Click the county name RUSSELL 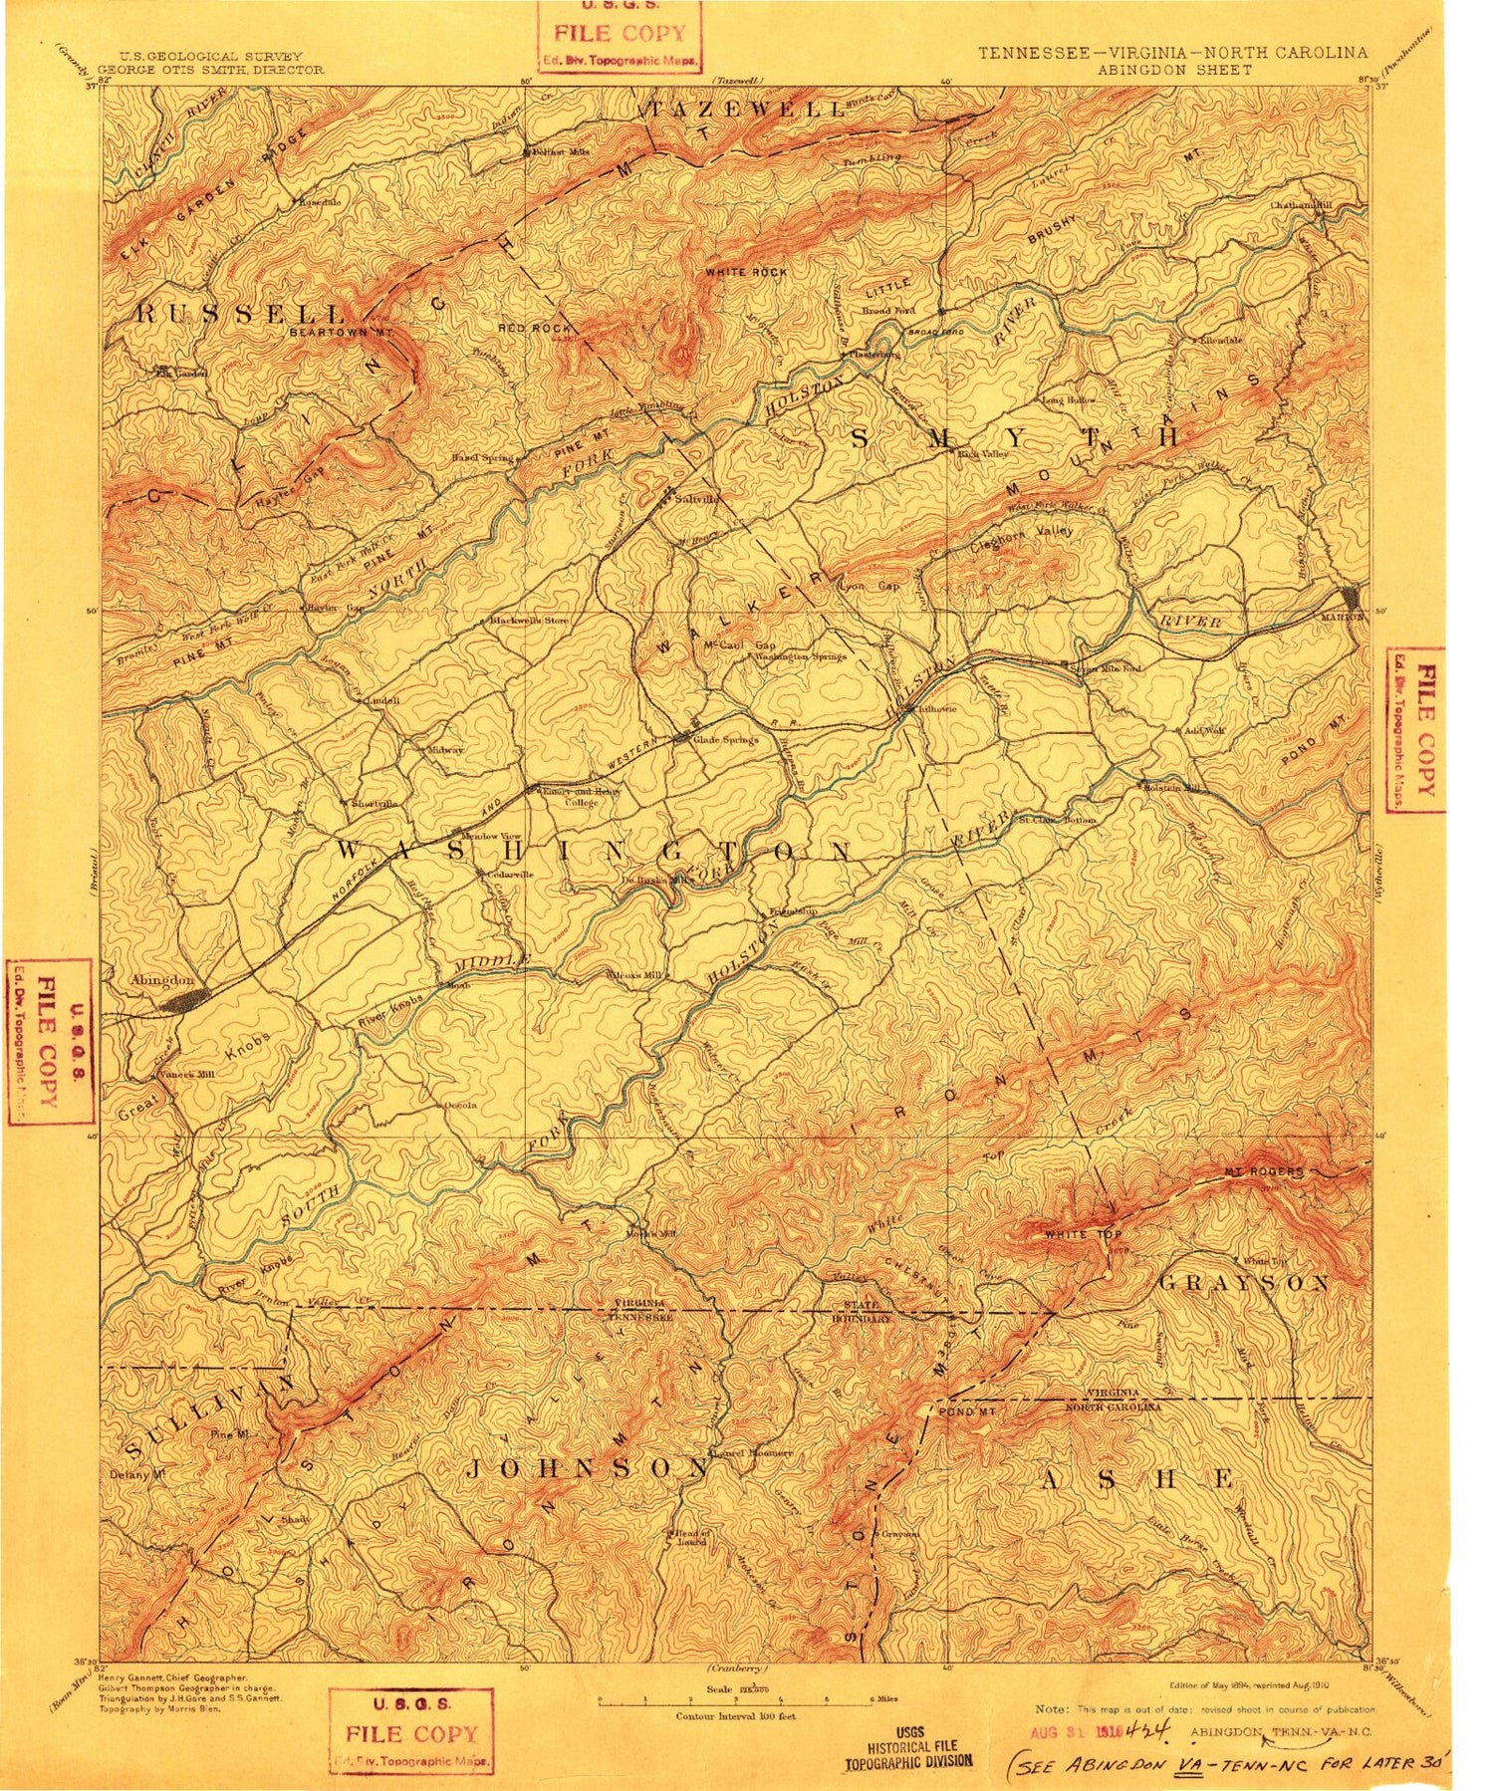click(x=240, y=314)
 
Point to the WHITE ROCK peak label click(x=745, y=272)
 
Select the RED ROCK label click(x=535, y=328)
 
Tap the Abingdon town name click(x=160, y=979)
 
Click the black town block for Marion click(x=1352, y=598)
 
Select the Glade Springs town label click(x=726, y=740)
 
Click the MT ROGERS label click(x=1262, y=1171)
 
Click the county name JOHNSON click(x=589, y=1467)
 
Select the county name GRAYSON click(x=1244, y=1283)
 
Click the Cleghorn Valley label click(x=1022, y=531)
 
